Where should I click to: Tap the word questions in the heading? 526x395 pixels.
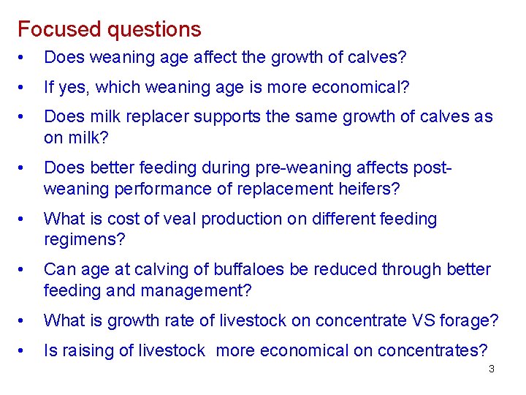point(154,30)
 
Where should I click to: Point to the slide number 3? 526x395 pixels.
point(491,369)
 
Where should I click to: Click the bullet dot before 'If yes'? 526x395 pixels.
point(24,88)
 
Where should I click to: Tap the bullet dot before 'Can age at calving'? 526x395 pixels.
point(24,270)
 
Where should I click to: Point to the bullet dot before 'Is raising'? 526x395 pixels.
point(24,351)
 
